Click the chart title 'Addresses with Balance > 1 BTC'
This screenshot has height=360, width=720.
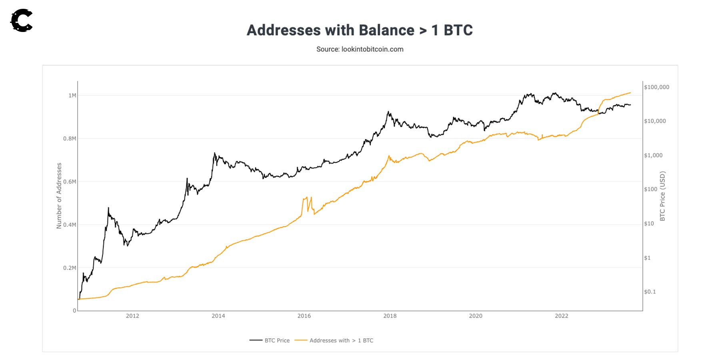pos(360,30)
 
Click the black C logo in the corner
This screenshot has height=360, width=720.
pos(22,20)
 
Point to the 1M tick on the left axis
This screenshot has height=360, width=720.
pos(72,95)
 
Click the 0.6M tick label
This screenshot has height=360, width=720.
pos(70,182)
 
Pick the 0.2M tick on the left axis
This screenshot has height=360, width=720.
pos(70,268)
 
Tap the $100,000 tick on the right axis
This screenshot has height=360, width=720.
pos(656,87)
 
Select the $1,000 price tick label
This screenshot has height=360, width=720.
pos(653,155)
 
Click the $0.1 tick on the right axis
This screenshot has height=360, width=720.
pos(650,292)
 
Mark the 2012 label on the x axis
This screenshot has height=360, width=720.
pos(132,316)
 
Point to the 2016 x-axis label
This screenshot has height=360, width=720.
pos(304,316)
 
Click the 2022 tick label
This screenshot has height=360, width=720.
pos(561,316)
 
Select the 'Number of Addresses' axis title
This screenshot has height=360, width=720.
pos(59,196)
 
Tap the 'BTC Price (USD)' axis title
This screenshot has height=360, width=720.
pos(662,196)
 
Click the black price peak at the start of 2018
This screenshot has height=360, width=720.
pos(388,112)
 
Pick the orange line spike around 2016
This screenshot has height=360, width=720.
pos(307,197)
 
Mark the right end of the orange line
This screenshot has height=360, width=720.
pos(630,93)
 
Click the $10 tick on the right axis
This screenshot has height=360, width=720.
pos(649,224)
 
